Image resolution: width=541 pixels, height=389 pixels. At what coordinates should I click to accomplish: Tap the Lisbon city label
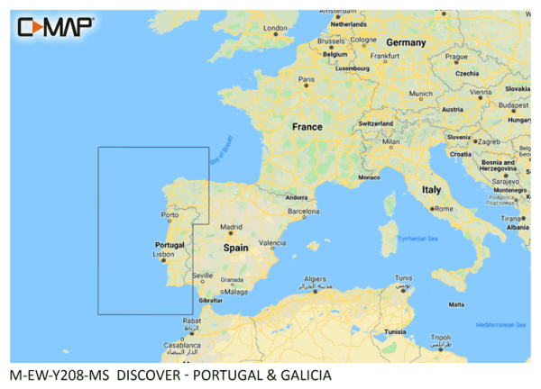point(163,254)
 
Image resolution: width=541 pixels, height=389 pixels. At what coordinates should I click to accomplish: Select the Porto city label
point(169,215)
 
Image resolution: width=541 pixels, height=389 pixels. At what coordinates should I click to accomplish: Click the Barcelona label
point(304,211)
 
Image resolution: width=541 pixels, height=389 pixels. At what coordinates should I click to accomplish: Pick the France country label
point(307,127)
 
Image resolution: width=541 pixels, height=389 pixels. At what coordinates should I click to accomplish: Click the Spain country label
point(235,246)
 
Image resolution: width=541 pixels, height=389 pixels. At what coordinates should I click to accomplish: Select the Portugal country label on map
point(170,244)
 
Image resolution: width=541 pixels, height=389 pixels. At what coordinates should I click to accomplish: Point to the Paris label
point(307,79)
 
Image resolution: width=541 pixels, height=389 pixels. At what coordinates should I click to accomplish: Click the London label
point(274,28)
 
